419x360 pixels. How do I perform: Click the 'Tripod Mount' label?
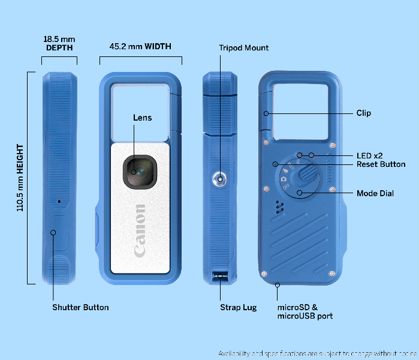244,48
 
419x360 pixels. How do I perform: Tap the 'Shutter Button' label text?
80,307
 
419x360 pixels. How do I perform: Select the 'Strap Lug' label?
239,307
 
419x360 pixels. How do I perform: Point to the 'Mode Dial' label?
375,193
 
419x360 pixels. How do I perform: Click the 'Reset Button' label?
381,164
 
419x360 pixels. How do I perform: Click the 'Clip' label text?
363,113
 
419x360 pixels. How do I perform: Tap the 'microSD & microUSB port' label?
305,311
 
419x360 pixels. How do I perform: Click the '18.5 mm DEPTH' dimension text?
59,43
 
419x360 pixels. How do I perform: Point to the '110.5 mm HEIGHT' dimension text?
20,178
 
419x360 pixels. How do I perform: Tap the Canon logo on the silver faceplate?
140,230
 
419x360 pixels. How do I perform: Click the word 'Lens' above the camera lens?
142,118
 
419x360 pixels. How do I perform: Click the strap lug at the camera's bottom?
220,278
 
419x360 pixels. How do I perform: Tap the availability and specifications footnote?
317,353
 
